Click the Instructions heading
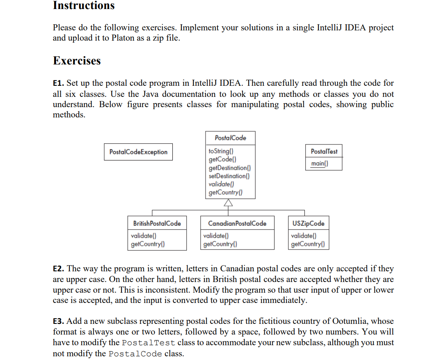84,6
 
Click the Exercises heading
77,61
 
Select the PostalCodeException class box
138,152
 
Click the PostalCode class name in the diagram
230,138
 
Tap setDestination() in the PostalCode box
229,176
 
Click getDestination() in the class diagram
230,168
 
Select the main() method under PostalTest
320,164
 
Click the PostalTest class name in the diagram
324,151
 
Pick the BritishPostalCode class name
157,224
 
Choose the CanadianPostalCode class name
237,224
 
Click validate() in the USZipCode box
303,236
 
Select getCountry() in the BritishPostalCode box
147,244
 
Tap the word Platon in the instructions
124,38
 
